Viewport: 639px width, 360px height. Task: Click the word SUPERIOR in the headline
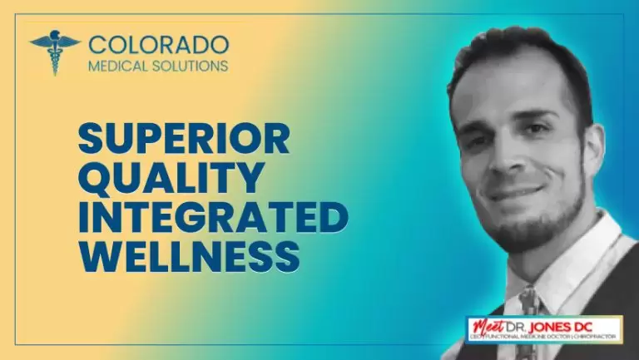[184, 138]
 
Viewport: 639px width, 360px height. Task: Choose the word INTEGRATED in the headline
[213, 216]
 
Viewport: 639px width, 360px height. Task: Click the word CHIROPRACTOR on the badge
[593, 336]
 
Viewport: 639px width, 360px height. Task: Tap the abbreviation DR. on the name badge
[537, 325]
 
